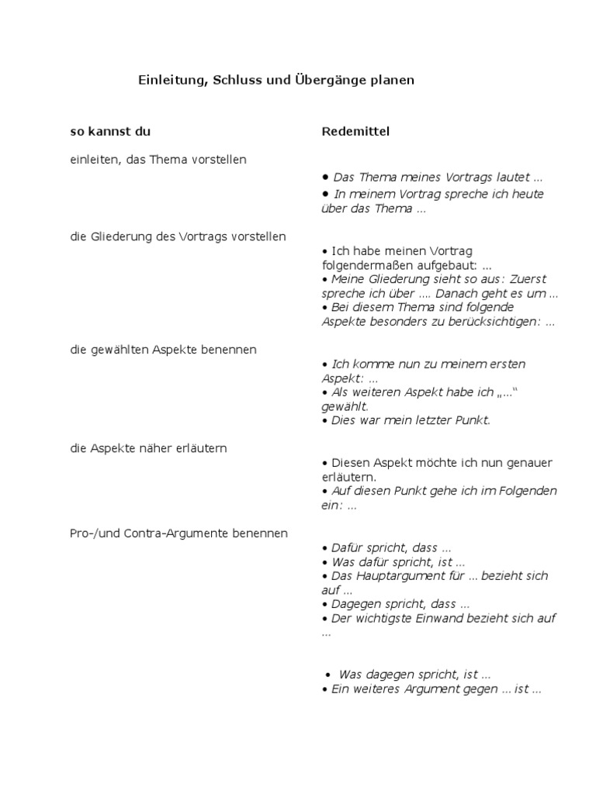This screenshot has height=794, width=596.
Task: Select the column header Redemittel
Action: point(355,131)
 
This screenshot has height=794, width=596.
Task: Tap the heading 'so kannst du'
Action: point(105,131)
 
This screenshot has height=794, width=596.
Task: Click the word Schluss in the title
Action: point(237,80)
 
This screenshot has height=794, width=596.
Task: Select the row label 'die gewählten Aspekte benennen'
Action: point(163,350)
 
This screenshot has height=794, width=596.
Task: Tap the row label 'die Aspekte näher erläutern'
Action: point(148,448)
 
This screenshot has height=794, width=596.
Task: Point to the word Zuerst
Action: point(532,279)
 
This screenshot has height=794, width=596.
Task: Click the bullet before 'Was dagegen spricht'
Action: point(330,675)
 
